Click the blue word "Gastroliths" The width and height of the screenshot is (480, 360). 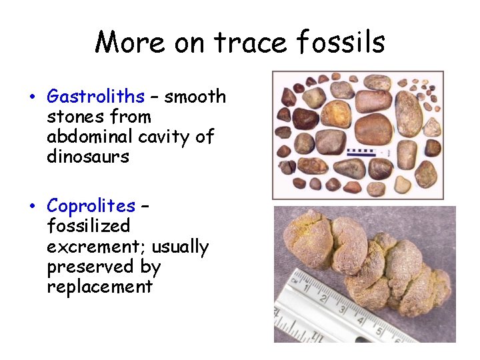[95, 97]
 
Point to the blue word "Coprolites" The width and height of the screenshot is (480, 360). [91, 206]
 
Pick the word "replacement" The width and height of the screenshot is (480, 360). [99, 287]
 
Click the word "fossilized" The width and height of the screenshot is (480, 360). [88, 227]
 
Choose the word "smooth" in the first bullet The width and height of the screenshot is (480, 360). [195, 97]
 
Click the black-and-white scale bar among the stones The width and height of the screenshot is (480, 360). [361, 151]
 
